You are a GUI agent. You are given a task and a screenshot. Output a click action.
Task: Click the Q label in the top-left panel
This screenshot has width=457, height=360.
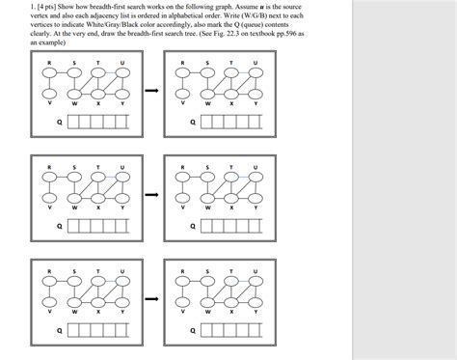click(x=60, y=122)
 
